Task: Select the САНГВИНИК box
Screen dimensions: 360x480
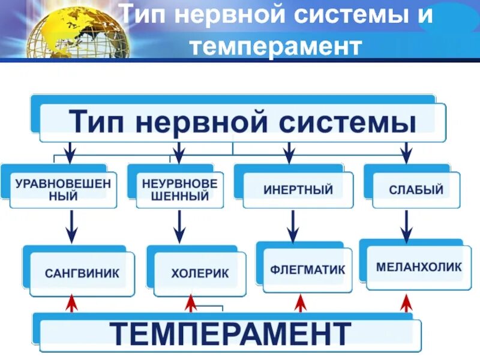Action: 82,273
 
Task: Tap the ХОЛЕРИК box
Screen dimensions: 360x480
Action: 200,274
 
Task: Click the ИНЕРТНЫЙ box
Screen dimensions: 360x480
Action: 298,190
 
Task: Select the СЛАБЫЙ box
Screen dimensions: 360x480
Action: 416,190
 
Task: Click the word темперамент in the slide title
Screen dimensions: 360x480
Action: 276,45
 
